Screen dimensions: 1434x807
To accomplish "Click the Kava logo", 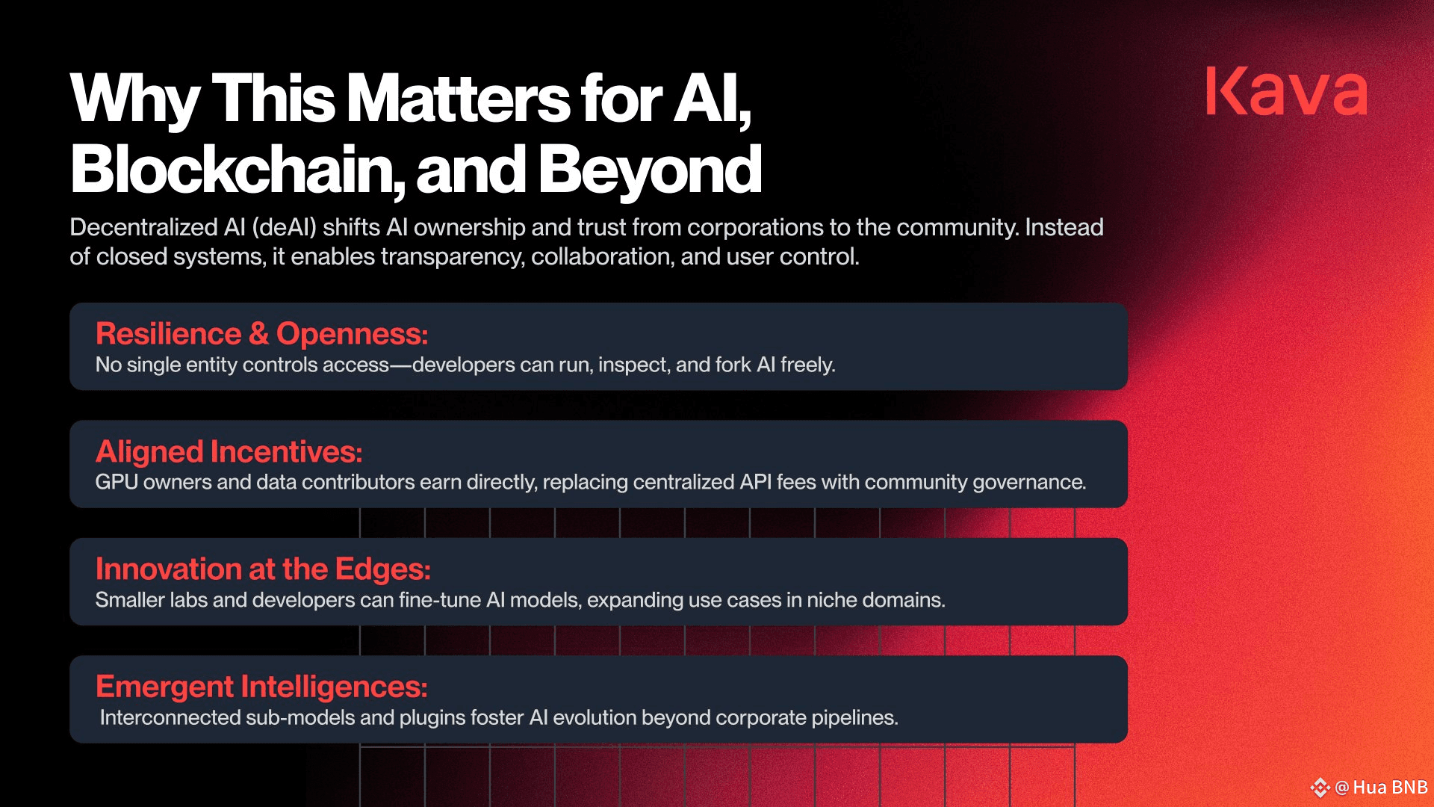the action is point(1287,91).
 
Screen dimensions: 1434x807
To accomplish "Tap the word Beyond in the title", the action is point(649,170).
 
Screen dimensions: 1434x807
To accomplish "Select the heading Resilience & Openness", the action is point(261,333).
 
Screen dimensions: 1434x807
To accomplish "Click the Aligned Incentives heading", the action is point(229,451).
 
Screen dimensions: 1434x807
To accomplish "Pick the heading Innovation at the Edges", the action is point(263,569).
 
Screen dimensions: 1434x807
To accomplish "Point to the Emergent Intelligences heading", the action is point(261,687).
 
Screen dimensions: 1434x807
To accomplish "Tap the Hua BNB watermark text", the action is point(1390,788).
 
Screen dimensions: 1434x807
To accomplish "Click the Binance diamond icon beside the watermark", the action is point(1320,788).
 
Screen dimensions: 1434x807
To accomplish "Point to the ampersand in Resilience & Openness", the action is point(259,334).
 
